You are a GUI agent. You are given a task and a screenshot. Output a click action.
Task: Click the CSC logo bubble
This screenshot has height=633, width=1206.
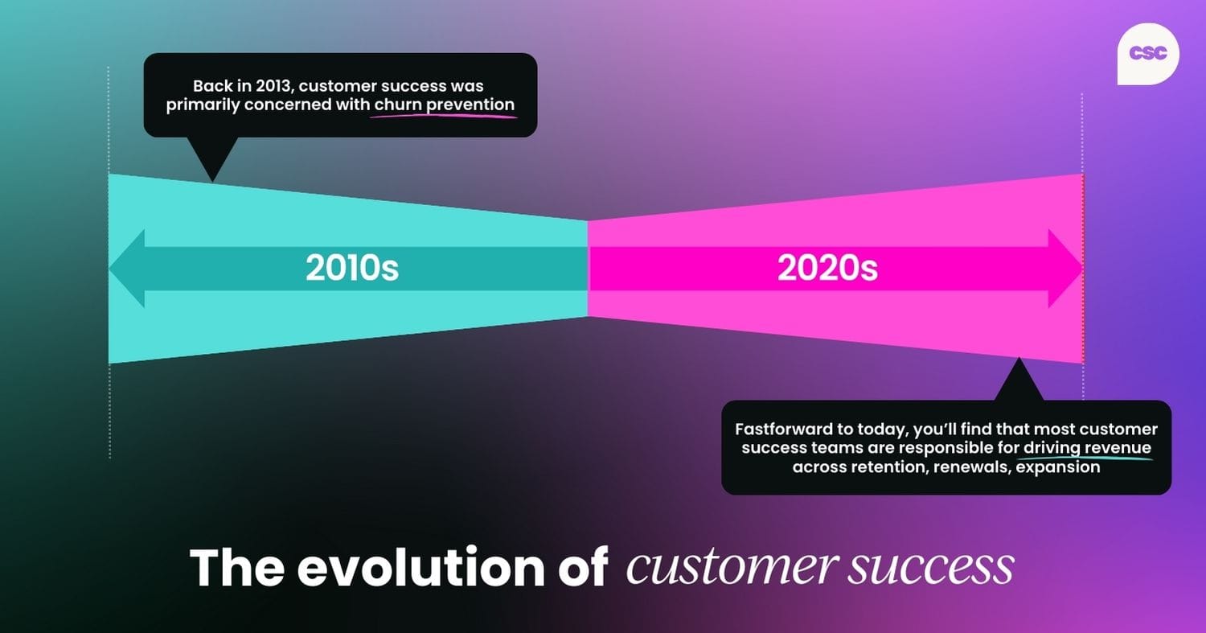[x=1148, y=53]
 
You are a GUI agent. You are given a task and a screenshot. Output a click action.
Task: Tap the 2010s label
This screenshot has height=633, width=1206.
[x=352, y=269]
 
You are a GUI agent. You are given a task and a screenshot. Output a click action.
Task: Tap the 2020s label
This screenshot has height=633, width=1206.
[x=827, y=269]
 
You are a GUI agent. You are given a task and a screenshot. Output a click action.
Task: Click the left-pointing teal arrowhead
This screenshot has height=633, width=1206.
[x=127, y=269]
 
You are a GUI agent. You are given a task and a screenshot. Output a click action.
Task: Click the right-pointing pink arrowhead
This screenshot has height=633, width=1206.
[x=1065, y=269]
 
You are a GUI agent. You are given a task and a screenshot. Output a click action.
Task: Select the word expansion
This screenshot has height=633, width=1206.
[x=1058, y=467]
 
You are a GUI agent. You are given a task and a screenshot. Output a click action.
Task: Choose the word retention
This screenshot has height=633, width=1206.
[x=892, y=467]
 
